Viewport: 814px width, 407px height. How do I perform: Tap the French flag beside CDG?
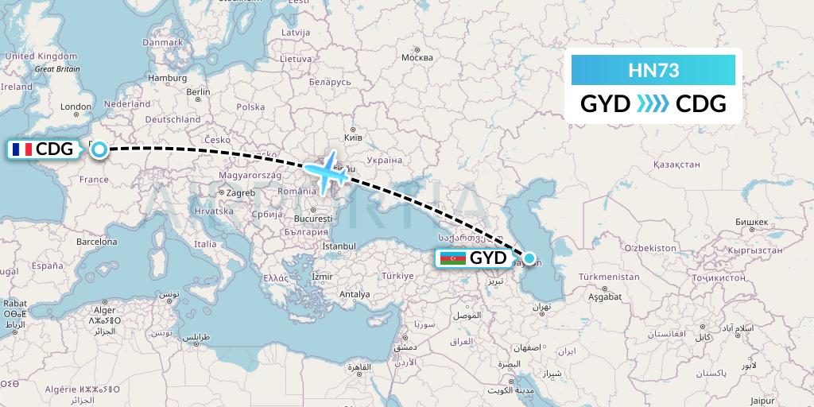(x=21, y=149)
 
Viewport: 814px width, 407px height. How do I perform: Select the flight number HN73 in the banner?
(x=653, y=70)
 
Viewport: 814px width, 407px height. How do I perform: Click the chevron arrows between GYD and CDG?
(x=653, y=104)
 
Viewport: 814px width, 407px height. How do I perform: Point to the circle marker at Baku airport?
(x=529, y=258)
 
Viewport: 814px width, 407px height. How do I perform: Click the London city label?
(x=76, y=107)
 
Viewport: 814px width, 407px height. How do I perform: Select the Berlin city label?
(x=198, y=92)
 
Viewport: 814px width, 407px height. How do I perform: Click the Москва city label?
(x=417, y=58)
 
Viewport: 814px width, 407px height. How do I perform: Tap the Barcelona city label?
(x=97, y=242)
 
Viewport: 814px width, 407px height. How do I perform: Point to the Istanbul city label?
(x=339, y=246)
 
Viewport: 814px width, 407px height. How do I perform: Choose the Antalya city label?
(x=355, y=294)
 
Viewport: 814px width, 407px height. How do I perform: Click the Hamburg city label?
(x=167, y=78)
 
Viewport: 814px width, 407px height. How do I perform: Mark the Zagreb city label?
(x=240, y=192)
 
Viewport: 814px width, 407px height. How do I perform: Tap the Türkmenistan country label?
(x=609, y=277)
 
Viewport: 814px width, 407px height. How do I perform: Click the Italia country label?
(x=205, y=244)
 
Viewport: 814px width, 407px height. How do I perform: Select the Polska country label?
(x=250, y=107)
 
